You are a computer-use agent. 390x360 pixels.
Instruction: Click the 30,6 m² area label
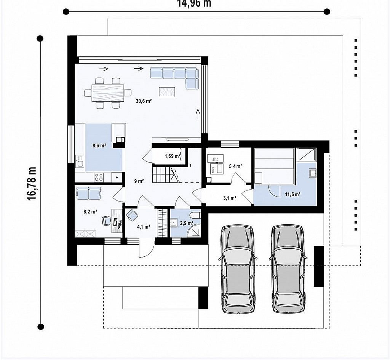click(144, 101)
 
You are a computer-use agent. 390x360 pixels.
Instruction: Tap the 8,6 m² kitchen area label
click(99, 146)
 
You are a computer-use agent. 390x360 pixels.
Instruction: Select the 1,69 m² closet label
click(173, 156)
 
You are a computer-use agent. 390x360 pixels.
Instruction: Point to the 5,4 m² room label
click(235, 166)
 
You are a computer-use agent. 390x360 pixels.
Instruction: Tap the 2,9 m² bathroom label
click(186, 223)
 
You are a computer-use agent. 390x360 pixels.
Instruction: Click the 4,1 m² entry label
click(144, 227)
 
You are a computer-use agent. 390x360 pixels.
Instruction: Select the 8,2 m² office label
click(90, 212)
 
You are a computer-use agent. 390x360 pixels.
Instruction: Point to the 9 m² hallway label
click(139, 181)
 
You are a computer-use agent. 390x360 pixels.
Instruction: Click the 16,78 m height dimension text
click(32, 183)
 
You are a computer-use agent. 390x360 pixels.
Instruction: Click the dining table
click(108, 93)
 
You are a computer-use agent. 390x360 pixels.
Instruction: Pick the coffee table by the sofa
click(167, 92)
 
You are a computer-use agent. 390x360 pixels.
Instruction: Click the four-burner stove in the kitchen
click(99, 177)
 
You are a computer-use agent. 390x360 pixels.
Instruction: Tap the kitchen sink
click(80, 161)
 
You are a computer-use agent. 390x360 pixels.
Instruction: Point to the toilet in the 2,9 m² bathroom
click(195, 215)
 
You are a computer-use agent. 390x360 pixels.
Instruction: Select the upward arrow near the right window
click(198, 114)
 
